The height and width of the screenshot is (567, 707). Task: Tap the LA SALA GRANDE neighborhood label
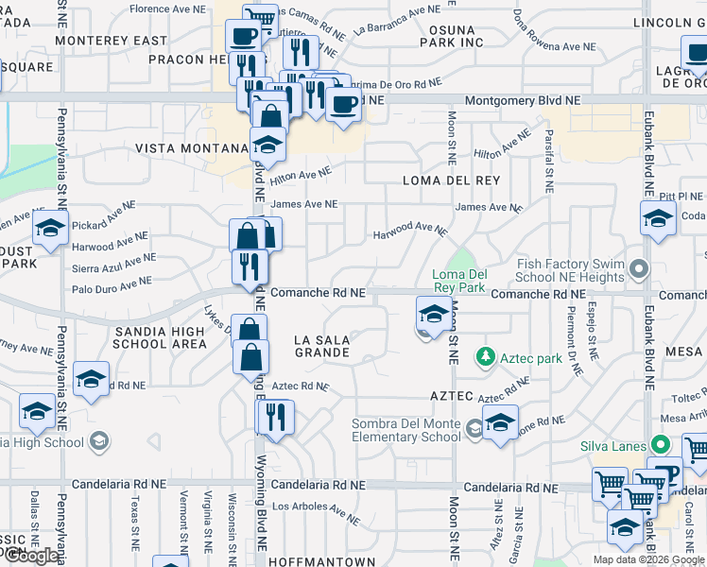(321, 346)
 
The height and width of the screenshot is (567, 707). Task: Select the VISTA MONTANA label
(191, 148)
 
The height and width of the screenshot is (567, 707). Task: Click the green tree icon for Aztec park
(486, 356)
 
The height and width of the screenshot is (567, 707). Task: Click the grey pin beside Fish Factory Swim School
(640, 270)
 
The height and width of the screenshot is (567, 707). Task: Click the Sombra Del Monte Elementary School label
(406, 430)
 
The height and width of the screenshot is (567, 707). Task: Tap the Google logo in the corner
(30, 556)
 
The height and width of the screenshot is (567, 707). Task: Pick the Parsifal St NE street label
(547, 156)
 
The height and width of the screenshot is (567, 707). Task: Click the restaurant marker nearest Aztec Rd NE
(276, 417)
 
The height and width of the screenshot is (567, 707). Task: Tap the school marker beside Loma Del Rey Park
(433, 315)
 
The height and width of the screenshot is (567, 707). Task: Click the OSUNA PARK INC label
(450, 36)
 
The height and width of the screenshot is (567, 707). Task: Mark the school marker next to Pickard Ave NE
(50, 228)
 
